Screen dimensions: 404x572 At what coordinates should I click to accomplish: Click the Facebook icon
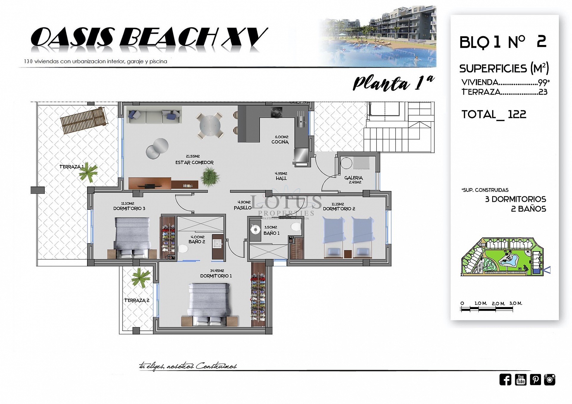click(x=505, y=380)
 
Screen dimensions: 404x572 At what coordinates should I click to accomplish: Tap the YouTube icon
click(x=520, y=380)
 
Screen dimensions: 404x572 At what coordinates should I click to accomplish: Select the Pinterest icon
click(x=535, y=380)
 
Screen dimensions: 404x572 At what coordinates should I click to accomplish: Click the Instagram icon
click(x=550, y=380)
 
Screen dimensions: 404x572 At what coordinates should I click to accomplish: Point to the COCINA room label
click(x=280, y=142)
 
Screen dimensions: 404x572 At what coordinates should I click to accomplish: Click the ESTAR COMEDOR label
click(x=194, y=162)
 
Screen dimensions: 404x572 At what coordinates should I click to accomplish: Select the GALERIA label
click(x=353, y=178)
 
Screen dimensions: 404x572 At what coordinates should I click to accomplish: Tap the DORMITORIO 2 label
click(x=339, y=209)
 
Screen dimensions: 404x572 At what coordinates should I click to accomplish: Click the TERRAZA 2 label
click(x=137, y=300)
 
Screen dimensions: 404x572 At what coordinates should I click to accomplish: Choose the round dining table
click(x=210, y=125)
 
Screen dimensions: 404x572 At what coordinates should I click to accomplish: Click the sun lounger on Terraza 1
click(x=84, y=120)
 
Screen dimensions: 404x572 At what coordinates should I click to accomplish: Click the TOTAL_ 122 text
click(x=494, y=114)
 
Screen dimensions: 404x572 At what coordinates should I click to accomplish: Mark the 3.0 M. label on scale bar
click(x=516, y=303)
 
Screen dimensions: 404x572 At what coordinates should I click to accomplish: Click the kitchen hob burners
click(x=276, y=112)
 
